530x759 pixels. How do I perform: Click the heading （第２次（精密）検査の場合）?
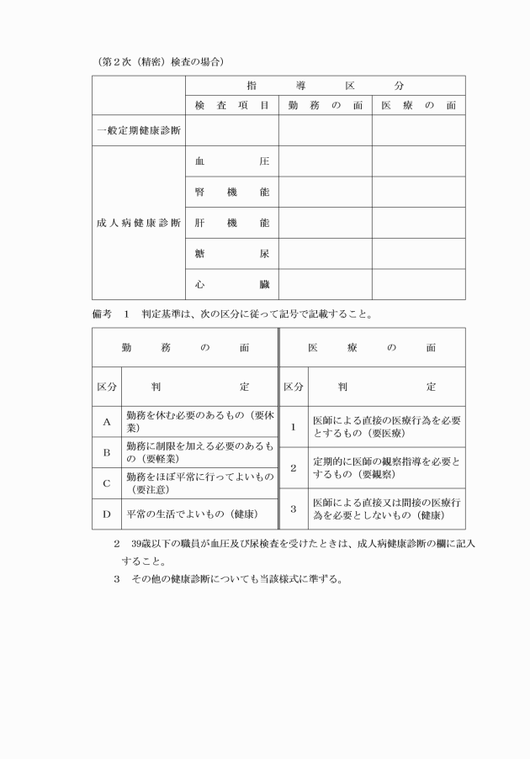pos(160,62)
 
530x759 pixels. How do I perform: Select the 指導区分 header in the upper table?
pos(325,86)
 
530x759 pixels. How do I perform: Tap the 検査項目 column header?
pos(231,106)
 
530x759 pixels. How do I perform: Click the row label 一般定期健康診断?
pos(137,131)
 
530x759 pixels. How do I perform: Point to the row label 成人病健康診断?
pos(137,223)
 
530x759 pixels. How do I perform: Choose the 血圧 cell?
pos(231,161)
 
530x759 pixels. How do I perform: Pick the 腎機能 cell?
pos(231,192)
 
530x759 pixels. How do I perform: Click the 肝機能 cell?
pos(231,223)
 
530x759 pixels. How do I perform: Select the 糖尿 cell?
pos(231,254)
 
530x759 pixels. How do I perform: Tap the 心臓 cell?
pos(231,285)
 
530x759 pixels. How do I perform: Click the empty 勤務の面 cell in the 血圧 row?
pos(325,161)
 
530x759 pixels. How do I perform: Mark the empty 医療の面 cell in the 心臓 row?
pos(418,285)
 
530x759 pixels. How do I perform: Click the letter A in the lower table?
pos(107,423)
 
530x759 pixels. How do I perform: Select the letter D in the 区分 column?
pos(107,514)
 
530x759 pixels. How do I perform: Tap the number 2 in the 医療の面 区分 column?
pos(293,468)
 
